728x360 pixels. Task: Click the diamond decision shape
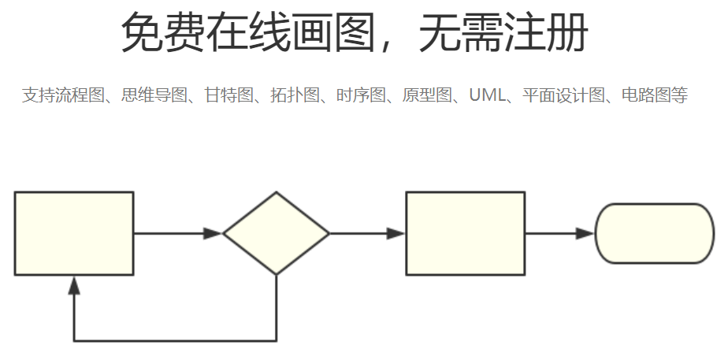[x=276, y=233]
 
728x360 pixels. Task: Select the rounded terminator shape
[x=654, y=233]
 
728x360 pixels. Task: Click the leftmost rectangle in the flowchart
[x=74, y=233]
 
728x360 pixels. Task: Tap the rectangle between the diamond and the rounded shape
[x=465, y=233]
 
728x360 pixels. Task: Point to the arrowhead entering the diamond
[x=213, y=233]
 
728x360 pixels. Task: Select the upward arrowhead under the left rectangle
[x=74, y=285]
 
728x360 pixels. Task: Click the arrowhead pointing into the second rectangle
[x=396, y=233]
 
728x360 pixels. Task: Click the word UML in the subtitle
[x=485, y=96]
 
